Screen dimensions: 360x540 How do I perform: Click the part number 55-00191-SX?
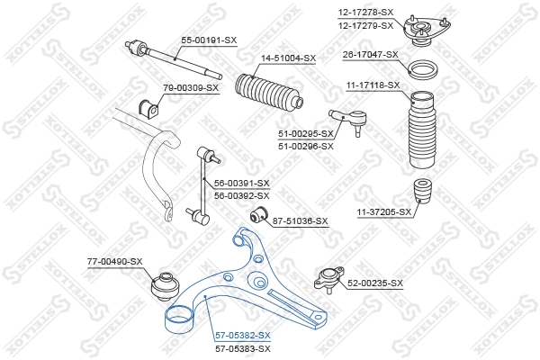[209, 40]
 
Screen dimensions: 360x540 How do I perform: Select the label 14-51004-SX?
[288, 58]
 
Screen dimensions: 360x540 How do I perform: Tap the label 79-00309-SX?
[191, 88]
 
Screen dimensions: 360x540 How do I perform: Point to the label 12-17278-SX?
[366, 11]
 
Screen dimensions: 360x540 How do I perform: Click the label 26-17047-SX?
[370, 54]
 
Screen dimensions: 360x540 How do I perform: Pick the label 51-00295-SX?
[306, 134]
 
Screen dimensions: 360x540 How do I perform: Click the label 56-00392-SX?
[241, 194]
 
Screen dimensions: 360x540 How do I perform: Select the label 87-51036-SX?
[301, 220]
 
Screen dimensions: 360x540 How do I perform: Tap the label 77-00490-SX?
[114, 261]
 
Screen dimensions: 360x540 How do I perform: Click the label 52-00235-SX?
[375, 283]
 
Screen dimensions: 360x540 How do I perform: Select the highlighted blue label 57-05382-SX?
[242, 334]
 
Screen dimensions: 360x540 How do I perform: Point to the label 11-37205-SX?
[384, 212]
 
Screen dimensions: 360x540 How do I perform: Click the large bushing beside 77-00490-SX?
[168, 283]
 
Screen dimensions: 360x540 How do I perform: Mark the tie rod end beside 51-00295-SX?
[346, 118]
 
